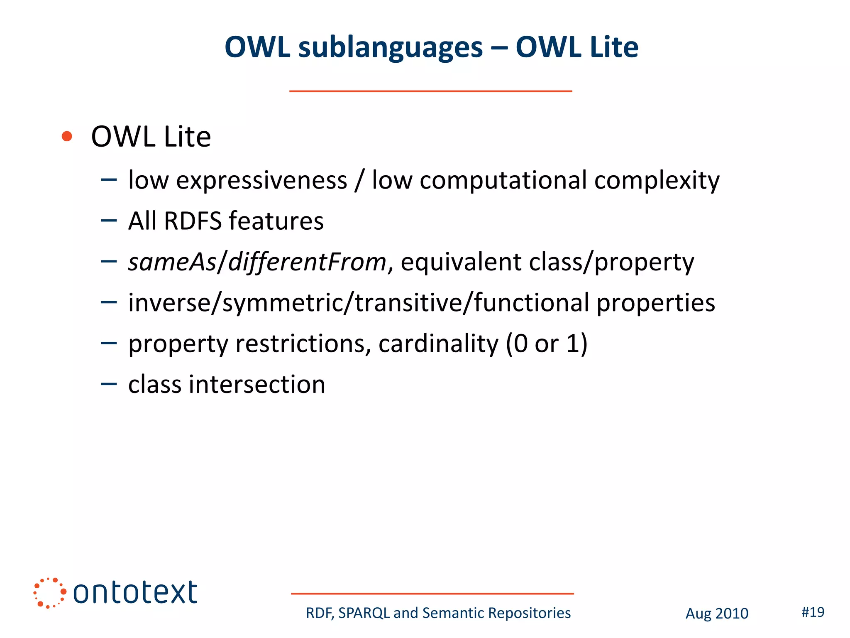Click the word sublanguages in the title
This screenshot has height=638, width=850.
(391, 47)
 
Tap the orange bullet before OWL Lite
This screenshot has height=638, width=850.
(67, 136)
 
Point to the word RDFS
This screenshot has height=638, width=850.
(193, 221)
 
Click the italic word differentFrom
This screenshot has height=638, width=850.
(307, 263)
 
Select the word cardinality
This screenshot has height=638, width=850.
(438, 344)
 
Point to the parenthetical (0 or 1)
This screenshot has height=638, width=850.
(546, 344)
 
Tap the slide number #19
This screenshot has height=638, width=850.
(813, 612)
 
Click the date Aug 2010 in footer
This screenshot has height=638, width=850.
(717, 613)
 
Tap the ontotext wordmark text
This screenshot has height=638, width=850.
(135, 593)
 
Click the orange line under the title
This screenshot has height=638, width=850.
(430, 91)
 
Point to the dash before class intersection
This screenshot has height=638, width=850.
(109, 384)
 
